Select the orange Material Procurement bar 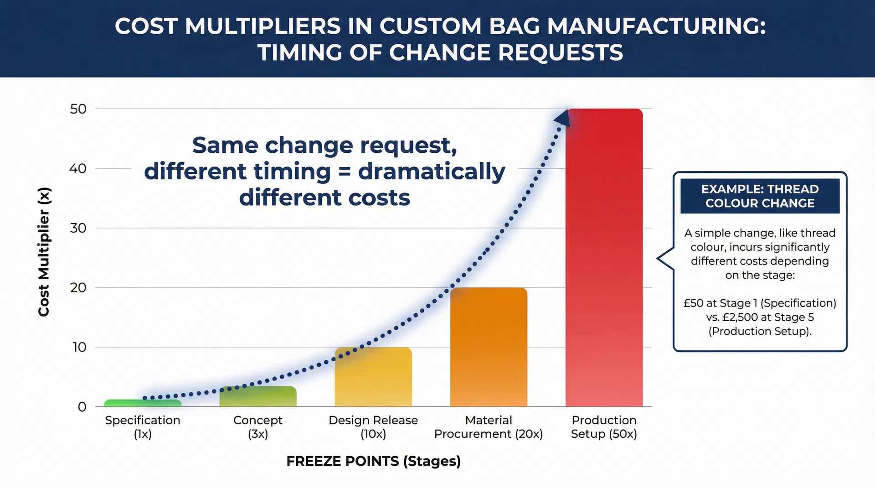point(489,347)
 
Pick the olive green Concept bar point(258,396)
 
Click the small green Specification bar point(143,403)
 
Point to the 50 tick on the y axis point(78,109)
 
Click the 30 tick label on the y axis point(78,228)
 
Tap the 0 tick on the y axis point(82,406)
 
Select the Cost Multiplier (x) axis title point(44,252)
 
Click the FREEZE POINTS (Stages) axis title point(373,461)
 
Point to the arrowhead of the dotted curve point(562,118)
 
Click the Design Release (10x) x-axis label point(373,427)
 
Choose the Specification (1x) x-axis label point(143,427)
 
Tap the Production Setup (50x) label point(604,427)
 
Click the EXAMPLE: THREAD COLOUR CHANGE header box point(760,196)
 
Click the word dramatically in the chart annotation point(432,172)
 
